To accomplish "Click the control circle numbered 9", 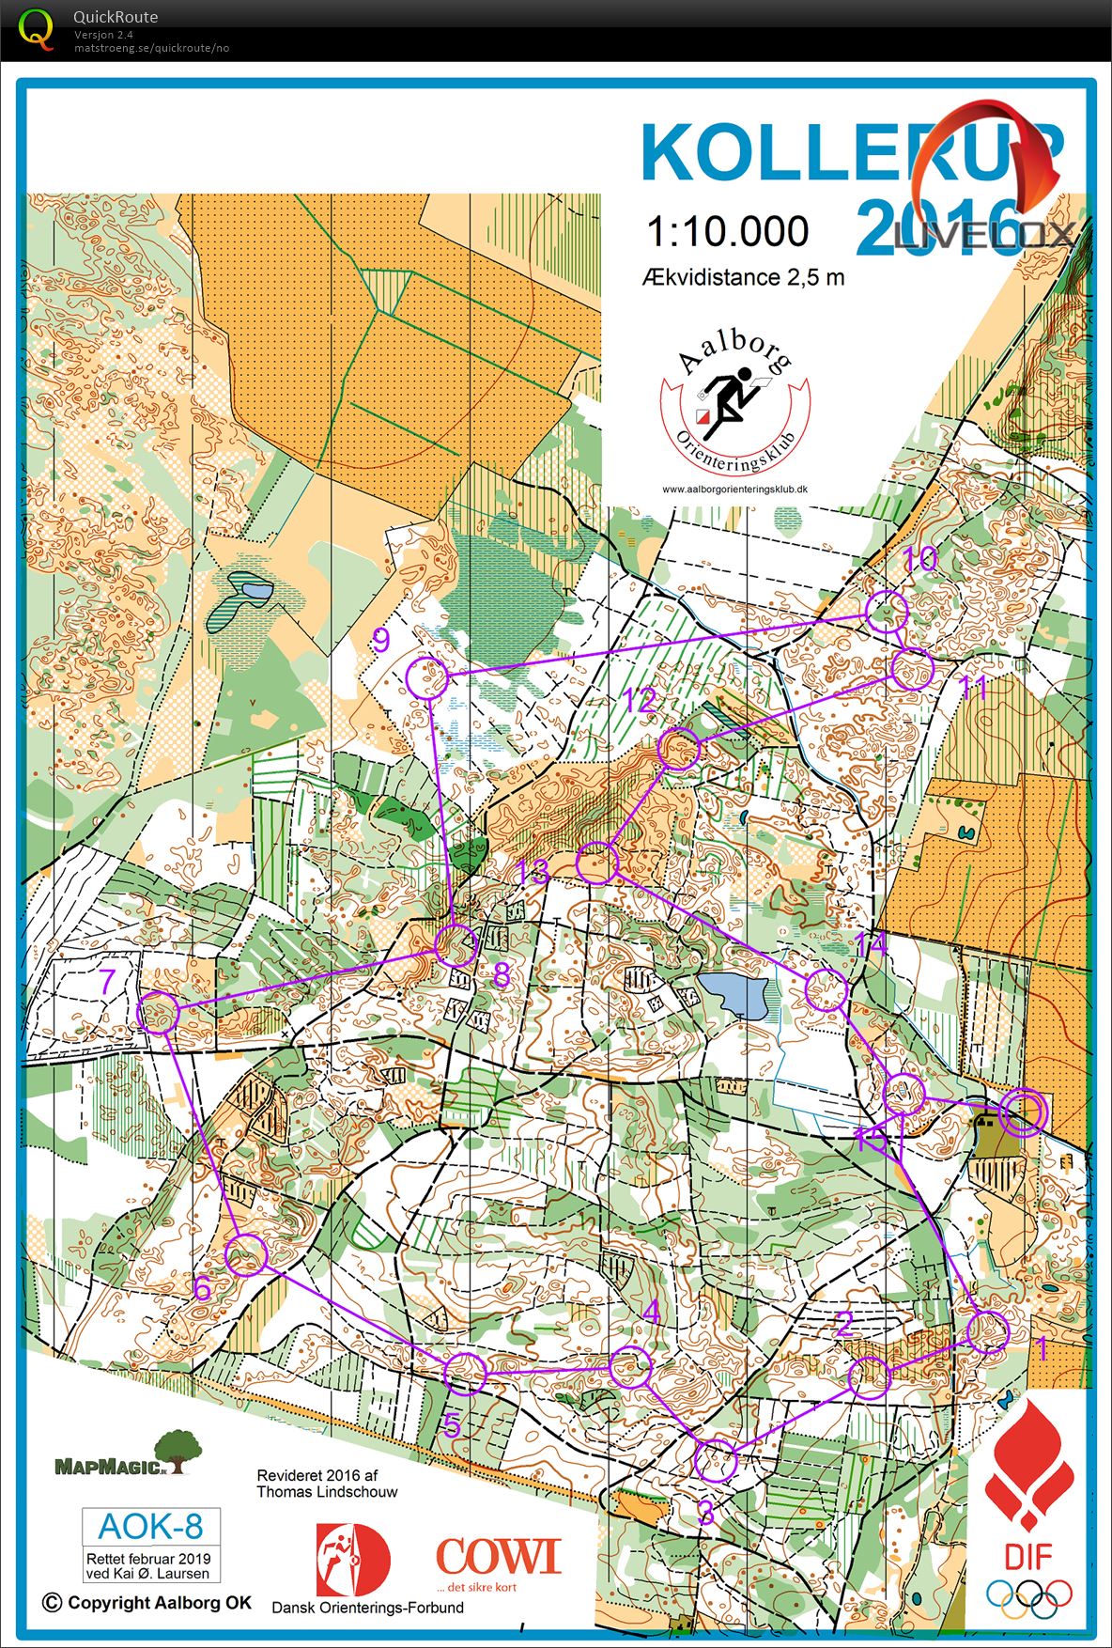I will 428,677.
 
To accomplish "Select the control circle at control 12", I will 679,749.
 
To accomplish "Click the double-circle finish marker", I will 1022,1112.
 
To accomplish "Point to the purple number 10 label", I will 919,559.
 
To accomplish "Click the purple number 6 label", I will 203,1289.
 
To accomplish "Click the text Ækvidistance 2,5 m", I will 743,277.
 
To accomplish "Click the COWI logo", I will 498,1555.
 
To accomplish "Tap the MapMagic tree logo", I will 178,1452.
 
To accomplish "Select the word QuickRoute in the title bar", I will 116,17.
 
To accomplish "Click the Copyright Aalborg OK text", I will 147,1603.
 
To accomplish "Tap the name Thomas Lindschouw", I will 327,1491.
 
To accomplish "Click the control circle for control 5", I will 464,1374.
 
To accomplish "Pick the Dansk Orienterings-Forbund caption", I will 367,1607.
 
